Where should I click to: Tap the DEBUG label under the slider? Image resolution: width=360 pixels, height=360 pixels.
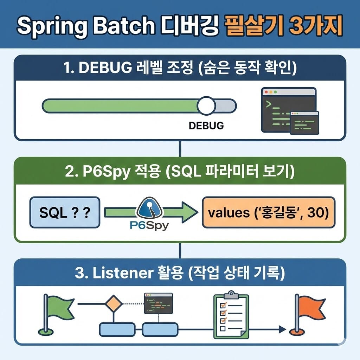coord(206,126)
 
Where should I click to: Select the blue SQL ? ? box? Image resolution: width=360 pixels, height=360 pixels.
coord(65,212)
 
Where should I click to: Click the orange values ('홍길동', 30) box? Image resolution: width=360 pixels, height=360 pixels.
coord(269,212)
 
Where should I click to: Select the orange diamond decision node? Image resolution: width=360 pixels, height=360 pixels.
coord(114,303)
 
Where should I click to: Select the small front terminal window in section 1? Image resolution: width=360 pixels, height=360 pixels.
coord(304,123)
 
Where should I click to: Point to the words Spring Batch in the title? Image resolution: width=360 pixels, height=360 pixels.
coord(86,26)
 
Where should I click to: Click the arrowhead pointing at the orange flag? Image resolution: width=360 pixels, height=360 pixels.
coord(281,329)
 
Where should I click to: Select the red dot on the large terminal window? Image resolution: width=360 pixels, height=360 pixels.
coord(266,92)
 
